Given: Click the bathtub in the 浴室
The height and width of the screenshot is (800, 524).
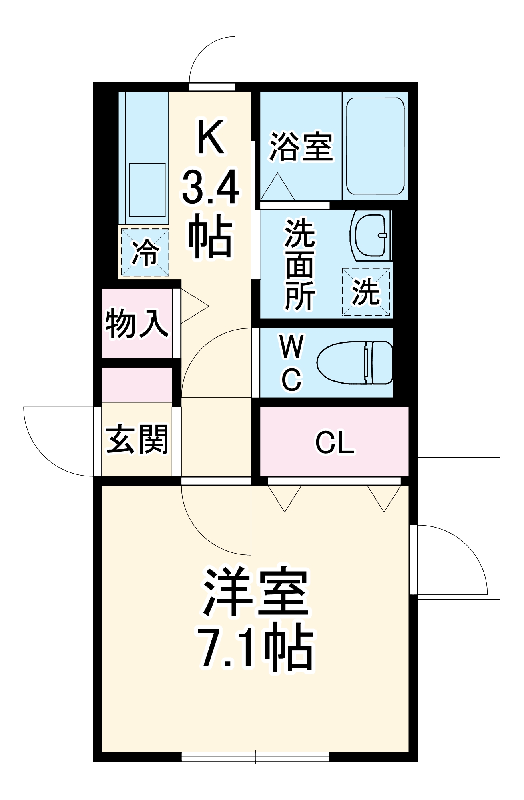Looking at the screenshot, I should (375, 146).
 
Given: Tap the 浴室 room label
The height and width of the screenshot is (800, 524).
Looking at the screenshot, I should (301, 147).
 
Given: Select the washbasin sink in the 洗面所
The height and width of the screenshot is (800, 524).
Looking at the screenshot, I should (370, 235).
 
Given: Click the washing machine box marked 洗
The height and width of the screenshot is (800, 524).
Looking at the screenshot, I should (366, 292).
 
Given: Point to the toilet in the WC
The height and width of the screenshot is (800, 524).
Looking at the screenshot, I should (355, 363).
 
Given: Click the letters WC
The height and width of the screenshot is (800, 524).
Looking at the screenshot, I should (292, 363).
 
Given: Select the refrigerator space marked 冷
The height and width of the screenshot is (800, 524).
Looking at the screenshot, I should (145, 252).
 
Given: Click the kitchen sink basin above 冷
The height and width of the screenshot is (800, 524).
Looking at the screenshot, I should (147, 190).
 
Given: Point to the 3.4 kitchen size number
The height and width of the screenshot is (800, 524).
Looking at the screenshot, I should (210, 187).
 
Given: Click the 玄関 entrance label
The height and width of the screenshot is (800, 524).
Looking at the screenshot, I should (137, 439).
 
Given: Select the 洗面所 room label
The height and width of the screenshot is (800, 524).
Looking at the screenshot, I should (300, 264).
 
